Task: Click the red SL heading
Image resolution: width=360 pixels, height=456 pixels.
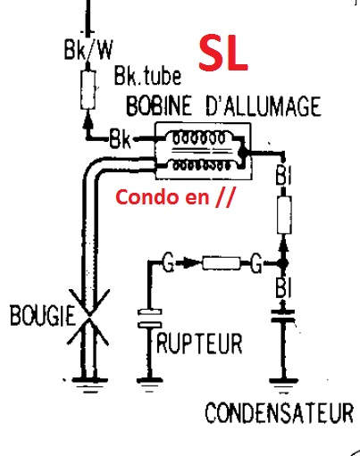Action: [223, 53]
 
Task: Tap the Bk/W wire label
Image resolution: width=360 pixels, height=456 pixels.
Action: [88, 49]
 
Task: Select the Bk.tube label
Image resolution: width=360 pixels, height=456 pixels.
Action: [147, 76]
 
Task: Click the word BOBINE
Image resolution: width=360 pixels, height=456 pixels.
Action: [159, 105]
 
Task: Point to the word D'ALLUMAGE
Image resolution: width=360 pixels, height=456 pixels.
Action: [264, 106]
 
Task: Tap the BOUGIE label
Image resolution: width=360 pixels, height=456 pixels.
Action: [42, 315]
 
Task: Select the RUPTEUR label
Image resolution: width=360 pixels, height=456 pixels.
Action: [199, 344]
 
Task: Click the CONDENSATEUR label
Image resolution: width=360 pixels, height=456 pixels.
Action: [280, 412]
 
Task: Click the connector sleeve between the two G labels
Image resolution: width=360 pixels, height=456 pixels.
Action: [222, 263]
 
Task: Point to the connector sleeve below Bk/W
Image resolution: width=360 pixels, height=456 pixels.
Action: [88, 89]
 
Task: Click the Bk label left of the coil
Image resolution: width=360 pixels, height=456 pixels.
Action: [120, 138]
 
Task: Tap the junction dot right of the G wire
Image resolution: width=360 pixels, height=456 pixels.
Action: [282, 263]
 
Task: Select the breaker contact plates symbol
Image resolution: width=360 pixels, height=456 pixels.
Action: [149, 318]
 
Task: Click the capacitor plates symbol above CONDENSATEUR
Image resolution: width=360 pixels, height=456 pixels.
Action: [283, 316]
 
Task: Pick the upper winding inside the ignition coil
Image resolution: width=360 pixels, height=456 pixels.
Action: [199, 138]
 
